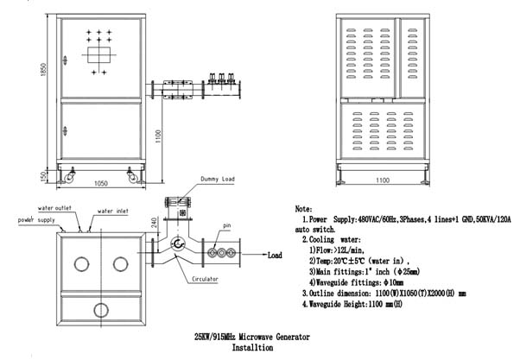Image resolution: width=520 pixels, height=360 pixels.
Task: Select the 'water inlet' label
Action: [x=113, y=211]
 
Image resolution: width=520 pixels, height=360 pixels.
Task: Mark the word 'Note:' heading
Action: [x=304, y=209]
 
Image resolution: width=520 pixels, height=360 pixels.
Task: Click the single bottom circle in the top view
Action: [x=101, y=309]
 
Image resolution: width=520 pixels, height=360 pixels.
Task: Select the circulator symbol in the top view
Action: [x=178, y=245]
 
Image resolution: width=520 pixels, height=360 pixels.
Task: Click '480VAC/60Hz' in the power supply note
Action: [x=374, y=220]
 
